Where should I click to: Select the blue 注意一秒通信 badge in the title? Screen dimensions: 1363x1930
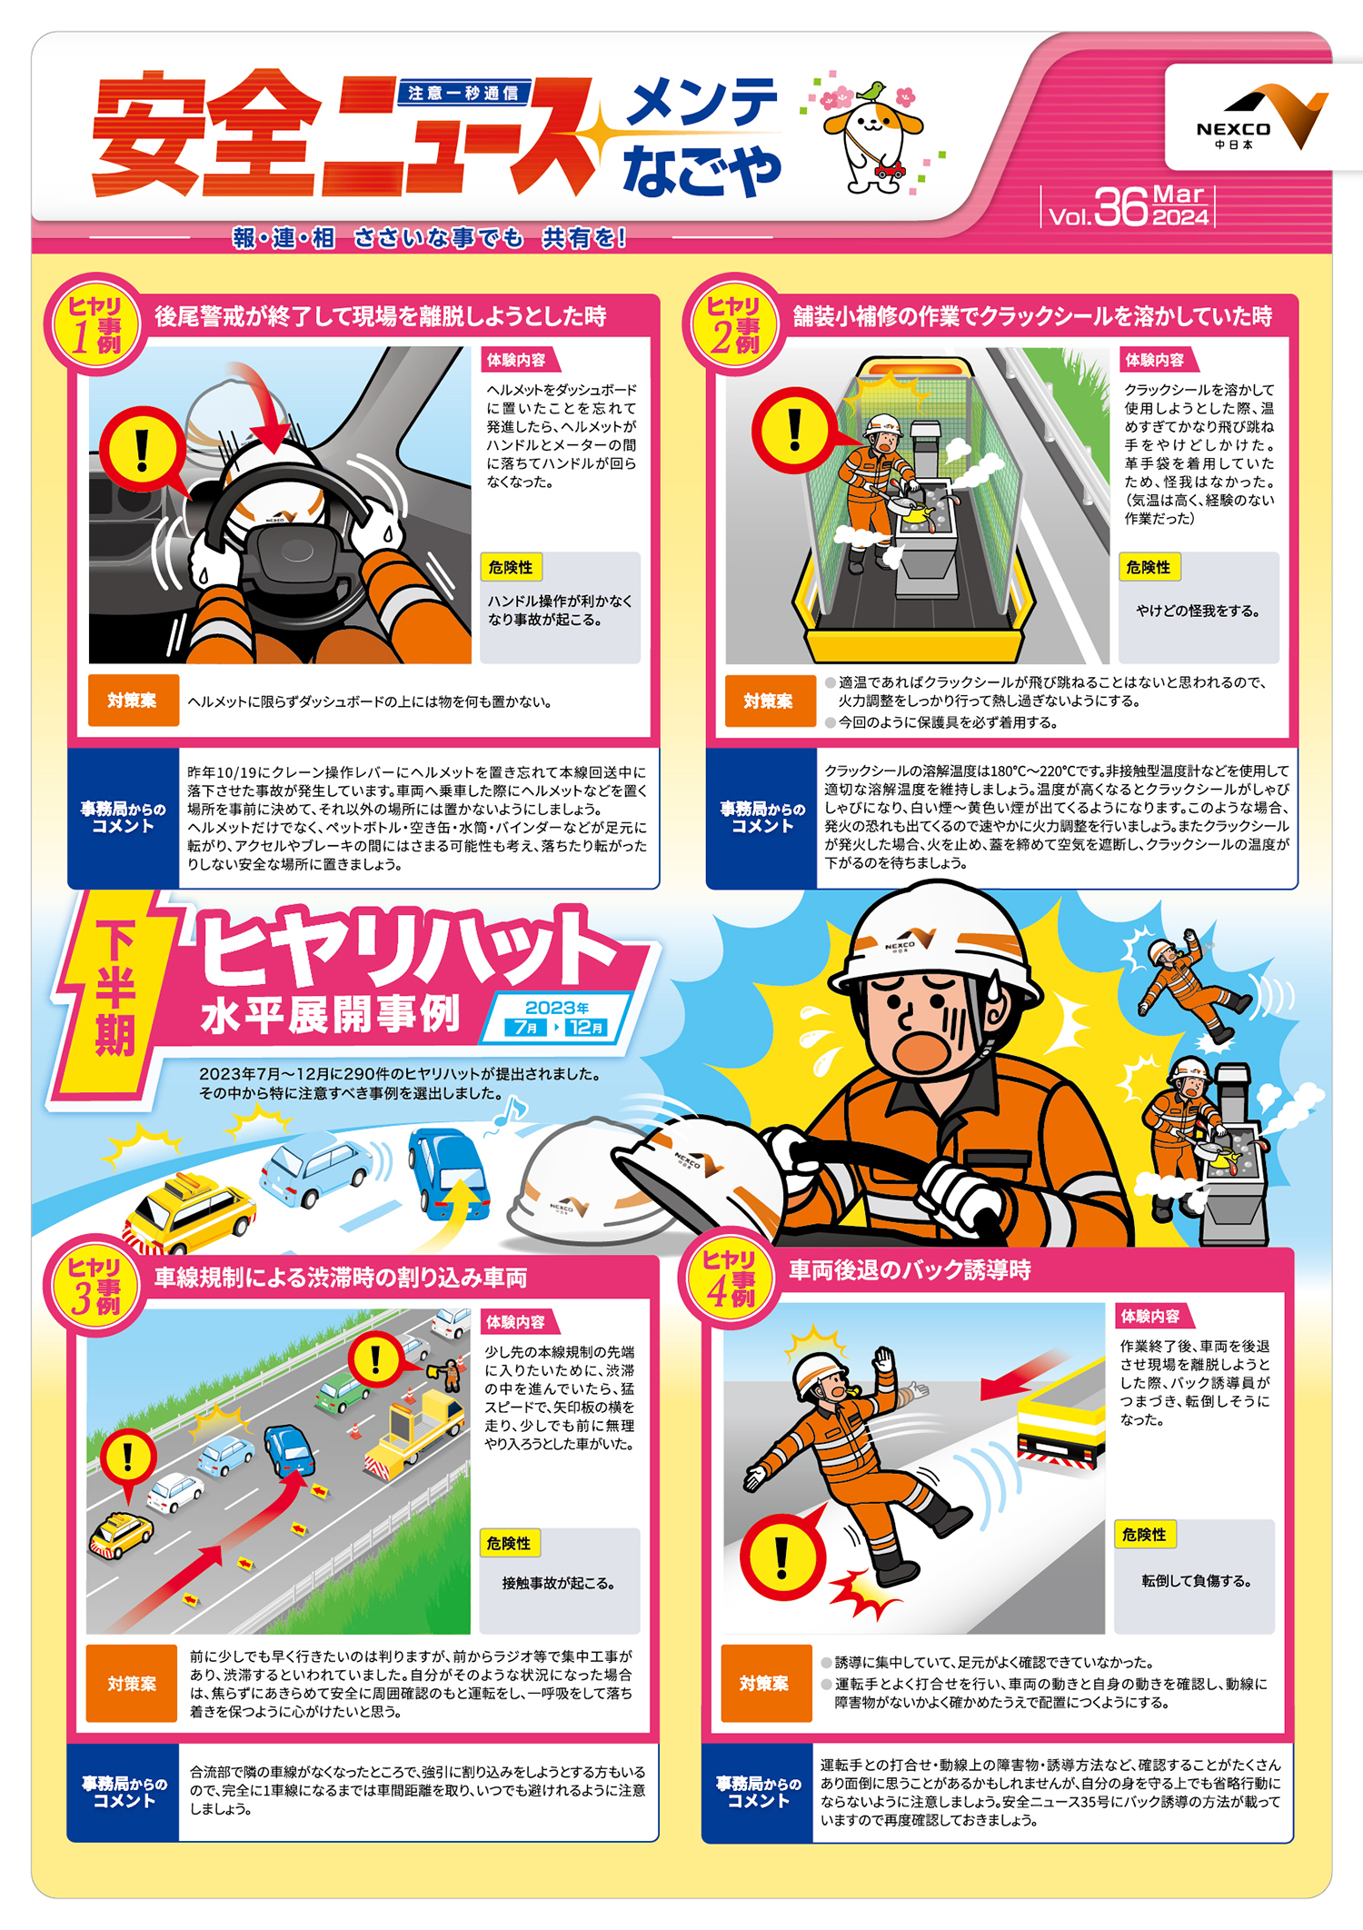(x=463, y=93)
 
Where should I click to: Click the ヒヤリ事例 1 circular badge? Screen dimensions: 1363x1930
(x=95, y=324)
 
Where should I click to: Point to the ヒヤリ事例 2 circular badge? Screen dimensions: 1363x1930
(x=733, y=324)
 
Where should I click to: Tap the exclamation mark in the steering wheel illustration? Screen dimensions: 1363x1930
(x=142, y=450)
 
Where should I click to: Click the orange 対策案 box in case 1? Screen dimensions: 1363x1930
(x=133, y=701)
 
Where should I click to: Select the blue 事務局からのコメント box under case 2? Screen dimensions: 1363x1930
(x=761, y=818)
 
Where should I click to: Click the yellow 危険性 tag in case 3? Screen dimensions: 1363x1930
(x=509, y=1543)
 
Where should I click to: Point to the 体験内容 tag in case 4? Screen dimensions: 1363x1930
(x=1150, y=1316)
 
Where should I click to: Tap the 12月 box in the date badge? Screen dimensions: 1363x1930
(x=585, y=1028)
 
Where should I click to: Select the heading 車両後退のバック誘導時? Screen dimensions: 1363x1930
(x=910, y=1270)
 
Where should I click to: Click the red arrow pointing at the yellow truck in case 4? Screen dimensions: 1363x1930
(x=1023, y=1373)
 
